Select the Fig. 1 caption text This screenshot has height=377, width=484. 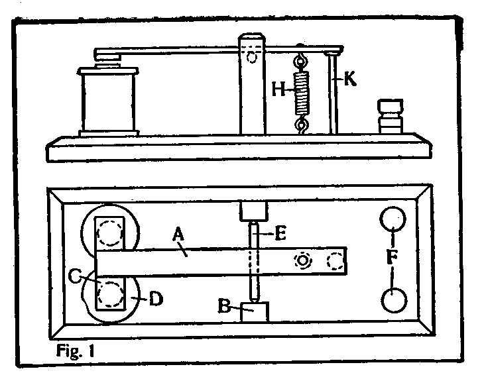click(74, 350)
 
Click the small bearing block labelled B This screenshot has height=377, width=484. click(253, 312)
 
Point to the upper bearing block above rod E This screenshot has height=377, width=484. click(253, 211)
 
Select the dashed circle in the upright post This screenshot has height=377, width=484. click(251, 58)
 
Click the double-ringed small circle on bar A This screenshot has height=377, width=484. click(303, 261)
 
